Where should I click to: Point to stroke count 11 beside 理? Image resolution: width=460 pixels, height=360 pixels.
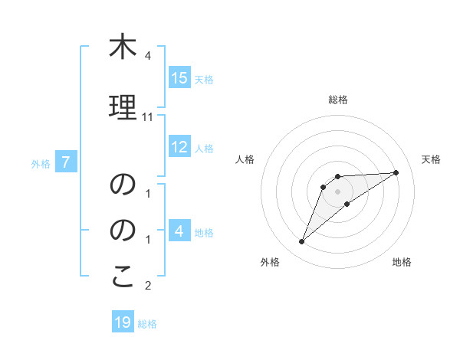tap(148, 117)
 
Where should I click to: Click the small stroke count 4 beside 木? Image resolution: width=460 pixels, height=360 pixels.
tap(148, 56)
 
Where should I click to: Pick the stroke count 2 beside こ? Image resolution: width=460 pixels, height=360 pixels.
tap(148, 286)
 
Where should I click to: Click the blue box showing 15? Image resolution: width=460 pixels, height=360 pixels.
tap(179, 78)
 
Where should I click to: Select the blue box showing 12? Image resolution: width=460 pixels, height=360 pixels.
tap(179, 148)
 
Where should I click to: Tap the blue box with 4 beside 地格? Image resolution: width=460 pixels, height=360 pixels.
tap(179, 231)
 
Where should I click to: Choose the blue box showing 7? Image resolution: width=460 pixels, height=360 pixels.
tap(67, 162)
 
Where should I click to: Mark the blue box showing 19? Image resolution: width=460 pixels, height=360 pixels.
tap(123, 322)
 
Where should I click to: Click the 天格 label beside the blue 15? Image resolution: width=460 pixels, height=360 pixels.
tap(204, 79)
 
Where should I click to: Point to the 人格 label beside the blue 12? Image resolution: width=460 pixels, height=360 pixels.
tap(204, 149)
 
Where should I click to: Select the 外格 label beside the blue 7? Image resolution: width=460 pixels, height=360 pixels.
tap(41, 163)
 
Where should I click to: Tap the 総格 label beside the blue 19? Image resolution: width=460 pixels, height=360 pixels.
tap(147, 323)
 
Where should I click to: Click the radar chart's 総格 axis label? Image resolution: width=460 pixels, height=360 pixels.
tap(337, 100)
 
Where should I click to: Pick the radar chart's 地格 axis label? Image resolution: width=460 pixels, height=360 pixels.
tap(402, 262)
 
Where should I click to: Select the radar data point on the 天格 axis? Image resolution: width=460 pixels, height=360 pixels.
tap(396, 172)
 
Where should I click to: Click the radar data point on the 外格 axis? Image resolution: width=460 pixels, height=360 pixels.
tap(301, 242)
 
